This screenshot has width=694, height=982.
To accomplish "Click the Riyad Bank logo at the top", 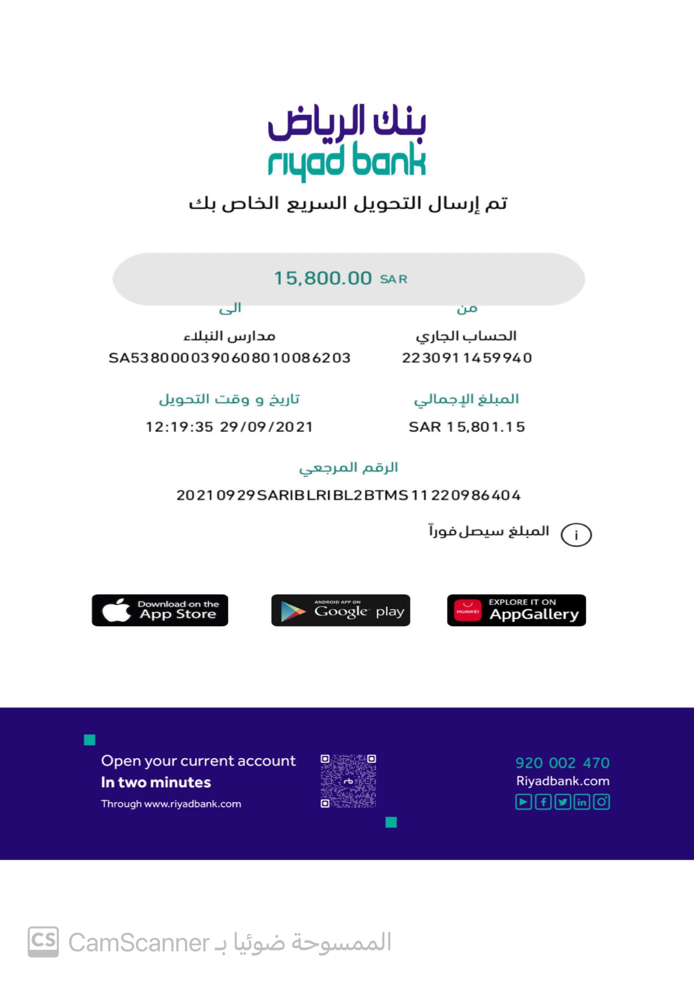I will click(x=347, y=142).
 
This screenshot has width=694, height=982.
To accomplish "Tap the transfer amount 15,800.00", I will click(x=323, y=278).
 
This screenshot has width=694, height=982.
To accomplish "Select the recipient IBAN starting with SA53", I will click(x=230, y=358).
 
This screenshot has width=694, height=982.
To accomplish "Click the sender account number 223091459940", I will click(x=467, y=358).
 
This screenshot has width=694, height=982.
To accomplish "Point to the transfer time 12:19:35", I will click(x=180, y=427).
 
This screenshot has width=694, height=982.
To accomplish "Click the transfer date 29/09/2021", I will click(x=266, y=427).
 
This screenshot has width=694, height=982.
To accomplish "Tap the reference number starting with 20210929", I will click(x=349, y=495).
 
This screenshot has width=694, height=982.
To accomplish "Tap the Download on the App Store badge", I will click(x=160, y=610).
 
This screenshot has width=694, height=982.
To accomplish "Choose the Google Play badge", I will click(x=341, y=610).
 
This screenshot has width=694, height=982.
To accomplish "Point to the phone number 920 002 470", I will click(x=562, y=763).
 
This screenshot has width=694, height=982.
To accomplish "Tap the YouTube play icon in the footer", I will click(x=524, y=802).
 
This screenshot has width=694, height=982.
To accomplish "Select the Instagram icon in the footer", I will click(x=601, y=802).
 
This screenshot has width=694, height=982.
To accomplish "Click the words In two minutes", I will click(x=156, y=782).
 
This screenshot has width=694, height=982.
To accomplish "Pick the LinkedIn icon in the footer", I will click(x=582, y=802).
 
